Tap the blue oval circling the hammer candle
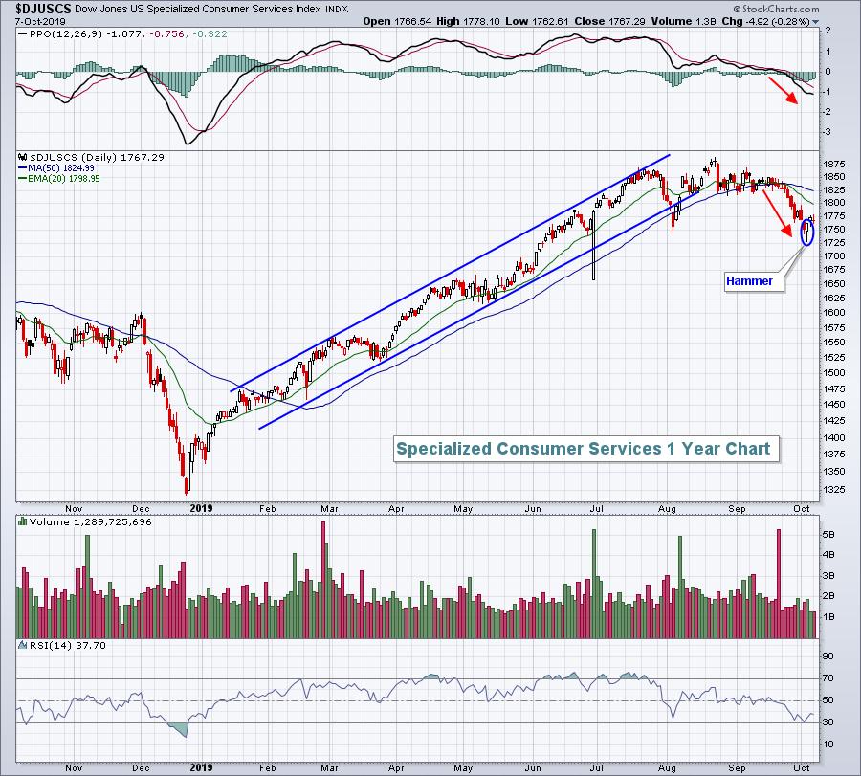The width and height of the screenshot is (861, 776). [806, 231]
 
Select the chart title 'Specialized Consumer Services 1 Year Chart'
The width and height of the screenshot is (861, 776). [583, 448]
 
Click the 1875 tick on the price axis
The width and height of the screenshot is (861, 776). [834, 163]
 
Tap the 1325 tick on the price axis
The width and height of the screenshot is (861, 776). [834, 491]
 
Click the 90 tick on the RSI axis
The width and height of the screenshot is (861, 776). [828, 656]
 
